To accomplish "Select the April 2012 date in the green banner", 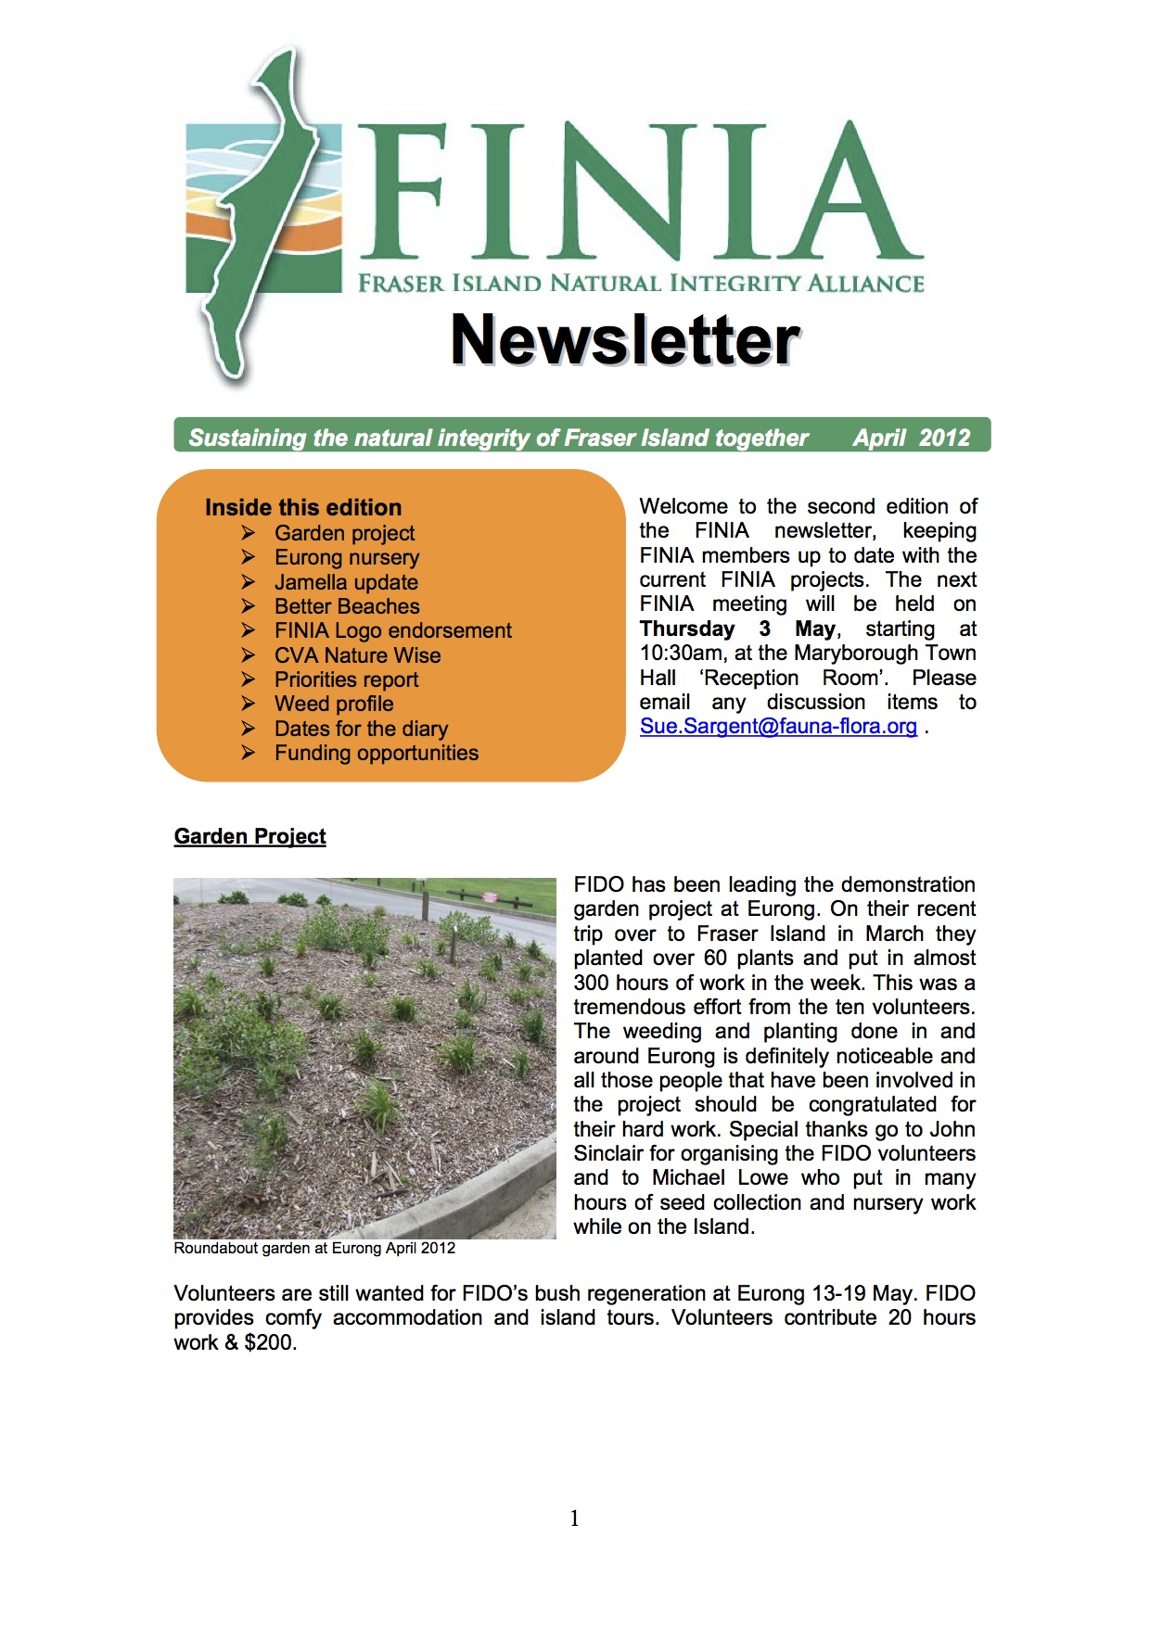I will point(911,438).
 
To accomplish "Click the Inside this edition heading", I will point(303,507).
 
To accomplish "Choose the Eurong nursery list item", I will point(347,557).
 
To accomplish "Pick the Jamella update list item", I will point(346,582).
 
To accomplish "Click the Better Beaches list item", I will point(347,606).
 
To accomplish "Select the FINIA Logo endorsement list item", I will point(392,630).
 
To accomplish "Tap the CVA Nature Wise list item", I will point(357,655).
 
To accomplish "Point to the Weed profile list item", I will point(334,704).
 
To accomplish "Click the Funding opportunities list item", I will point(377,753).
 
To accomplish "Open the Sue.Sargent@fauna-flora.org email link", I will point(778,726).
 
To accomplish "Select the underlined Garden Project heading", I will point(249,836).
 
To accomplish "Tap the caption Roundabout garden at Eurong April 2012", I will point(314,1248).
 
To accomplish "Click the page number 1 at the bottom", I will point(574,1518).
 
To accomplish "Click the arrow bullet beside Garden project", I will point(249,532).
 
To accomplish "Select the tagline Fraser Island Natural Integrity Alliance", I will point(641,283).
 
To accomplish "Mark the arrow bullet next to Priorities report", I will point(249,680).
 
